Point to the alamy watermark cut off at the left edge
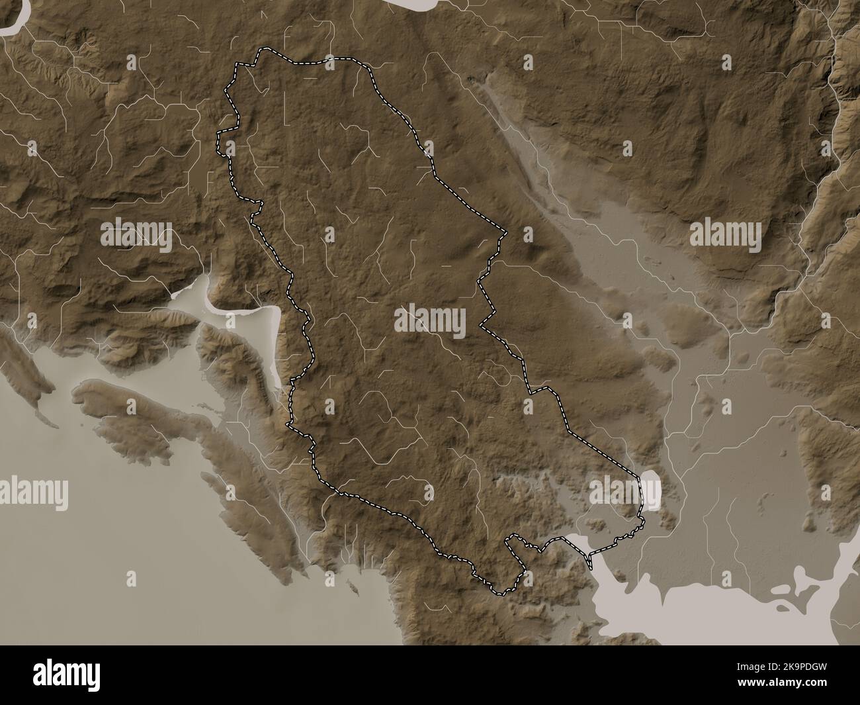[x=33, y=491]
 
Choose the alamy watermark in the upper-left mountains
[x=136, y=233]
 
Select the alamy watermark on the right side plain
[x=726, y=233]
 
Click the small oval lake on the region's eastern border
[x=651, y=489]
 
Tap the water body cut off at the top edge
[x=423, y=4]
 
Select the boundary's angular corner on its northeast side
[x=505, y=232]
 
